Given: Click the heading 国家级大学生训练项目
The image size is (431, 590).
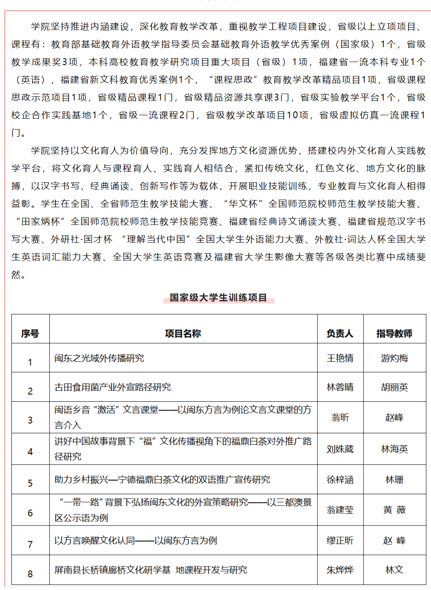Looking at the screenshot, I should (x=218, y=298).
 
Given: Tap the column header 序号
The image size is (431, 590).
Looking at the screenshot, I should (x=30, y=334).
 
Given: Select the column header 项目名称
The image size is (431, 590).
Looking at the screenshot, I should (x=183, y=334).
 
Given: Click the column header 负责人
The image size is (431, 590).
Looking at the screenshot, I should (x=340, y=334).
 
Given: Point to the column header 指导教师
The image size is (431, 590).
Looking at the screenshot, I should (x=394, y=334).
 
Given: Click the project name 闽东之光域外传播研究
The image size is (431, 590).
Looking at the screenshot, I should (x=99, y=358).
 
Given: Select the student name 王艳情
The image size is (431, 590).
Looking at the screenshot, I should (x=340, y=358).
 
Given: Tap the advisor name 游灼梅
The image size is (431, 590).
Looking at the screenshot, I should (x=394, y=358).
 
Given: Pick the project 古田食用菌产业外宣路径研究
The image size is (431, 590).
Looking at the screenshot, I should (x=113, y=387).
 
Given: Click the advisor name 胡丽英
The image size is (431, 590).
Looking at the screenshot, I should (x=394, y=387).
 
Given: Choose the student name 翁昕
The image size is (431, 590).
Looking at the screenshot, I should (x=340, y=417).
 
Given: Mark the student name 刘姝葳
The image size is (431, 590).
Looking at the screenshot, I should (x=340, y=449).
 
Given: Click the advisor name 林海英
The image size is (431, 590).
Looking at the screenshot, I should (x=394, y=449).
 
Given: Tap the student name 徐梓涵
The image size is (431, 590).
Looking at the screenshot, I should (x=340, y=480).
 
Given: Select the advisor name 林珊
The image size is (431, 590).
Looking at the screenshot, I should (x=394, y=480).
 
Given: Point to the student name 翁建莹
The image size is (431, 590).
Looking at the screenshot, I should (x=340, y=510).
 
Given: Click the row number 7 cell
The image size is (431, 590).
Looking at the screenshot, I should (x=30, y=544).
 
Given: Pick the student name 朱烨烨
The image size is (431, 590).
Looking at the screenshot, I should (x=340, y=570).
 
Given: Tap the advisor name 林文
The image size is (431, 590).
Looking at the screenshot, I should (x=394, y=570).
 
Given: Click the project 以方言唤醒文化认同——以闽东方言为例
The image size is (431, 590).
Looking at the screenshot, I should (x=136, y=541).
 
